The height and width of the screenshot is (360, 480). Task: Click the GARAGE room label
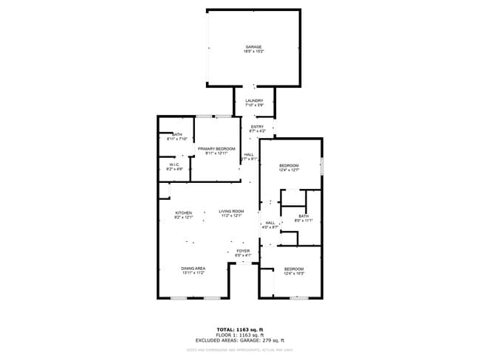pyautogui.click(x=253, y=47)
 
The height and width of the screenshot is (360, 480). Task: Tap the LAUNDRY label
pyautogui.click(x=254, y=101)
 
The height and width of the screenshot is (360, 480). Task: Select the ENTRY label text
pyautogui.click(x=257, y=127)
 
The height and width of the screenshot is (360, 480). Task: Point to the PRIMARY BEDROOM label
pyautogui.click(x=216, y=149)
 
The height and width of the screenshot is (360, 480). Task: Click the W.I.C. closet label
pyautogui.click(x=174, y=165)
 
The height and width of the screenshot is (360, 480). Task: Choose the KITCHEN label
pyautogui.click(x=183, y=212)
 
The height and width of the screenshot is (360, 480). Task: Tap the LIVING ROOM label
pyautogui.click(x=230, y=212)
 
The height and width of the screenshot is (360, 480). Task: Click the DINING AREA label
pyautogui.click(x=193, y=268)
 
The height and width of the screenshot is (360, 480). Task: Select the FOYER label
pyautogui.click(x=243, y=251)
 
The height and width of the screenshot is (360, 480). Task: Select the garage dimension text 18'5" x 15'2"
pyautogui.click(x=253, y=52)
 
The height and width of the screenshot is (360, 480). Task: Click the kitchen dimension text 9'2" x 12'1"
pyautogui.click(x=183, y=217)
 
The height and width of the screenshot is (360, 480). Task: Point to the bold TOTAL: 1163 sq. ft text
pyautogui.click(x=240, y=329)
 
